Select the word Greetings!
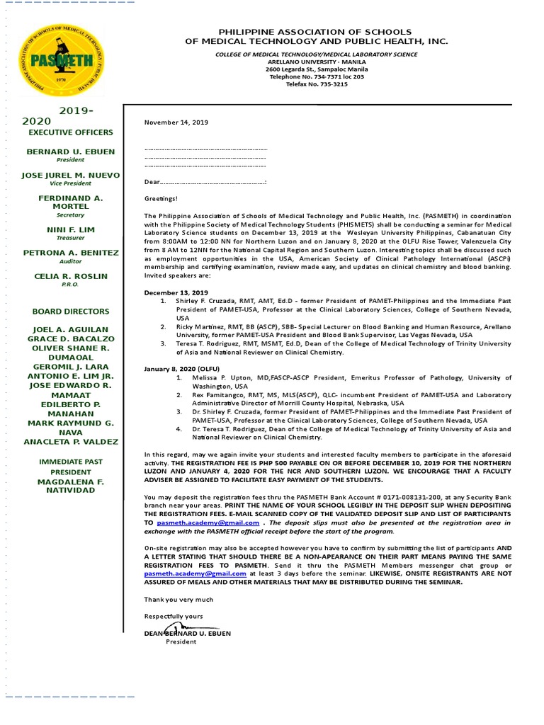click(x=161, y=199)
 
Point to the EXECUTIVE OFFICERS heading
click(x=70, y=132)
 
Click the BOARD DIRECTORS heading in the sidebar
click(x=70, y=312)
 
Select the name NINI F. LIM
click(x=70, y=230)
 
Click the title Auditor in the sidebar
click(x=70, y=261)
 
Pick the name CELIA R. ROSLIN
click(x=70, y=276)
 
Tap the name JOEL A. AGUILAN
click(x=70, y=329)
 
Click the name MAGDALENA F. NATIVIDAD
click(x=70, y=486)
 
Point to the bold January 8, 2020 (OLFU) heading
click(x=181, y=368)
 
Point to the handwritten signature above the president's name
click(x=176, y=628)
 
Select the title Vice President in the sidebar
click(x=70, y=183)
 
